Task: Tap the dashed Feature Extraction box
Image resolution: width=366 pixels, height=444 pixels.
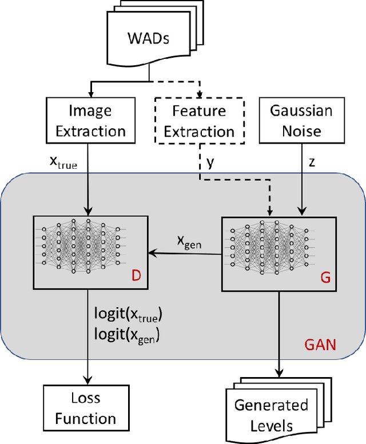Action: tap(200, 121)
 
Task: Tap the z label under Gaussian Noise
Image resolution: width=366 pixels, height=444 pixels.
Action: tap(312, 162)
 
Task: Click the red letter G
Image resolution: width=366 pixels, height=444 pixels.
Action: tap(324, 277)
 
